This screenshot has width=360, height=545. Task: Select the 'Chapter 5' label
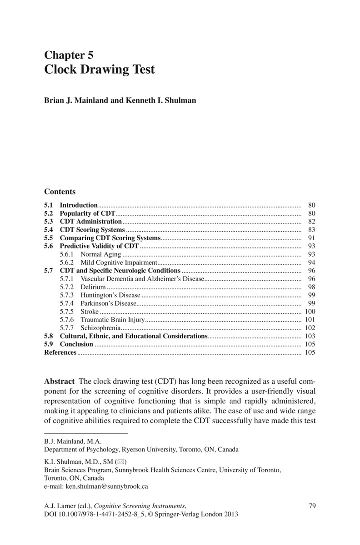69,55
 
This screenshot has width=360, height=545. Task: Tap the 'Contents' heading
60,192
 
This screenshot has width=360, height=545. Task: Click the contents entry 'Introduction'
79,205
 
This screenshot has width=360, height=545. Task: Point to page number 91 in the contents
311,238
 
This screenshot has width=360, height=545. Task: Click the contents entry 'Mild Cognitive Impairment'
118,263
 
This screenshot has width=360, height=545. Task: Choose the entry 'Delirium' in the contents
93,287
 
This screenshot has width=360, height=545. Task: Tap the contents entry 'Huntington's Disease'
110,295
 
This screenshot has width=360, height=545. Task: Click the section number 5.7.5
67,312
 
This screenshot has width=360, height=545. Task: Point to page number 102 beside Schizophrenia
310,328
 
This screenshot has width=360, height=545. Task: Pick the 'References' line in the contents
60,352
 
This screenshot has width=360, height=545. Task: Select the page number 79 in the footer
312,506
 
